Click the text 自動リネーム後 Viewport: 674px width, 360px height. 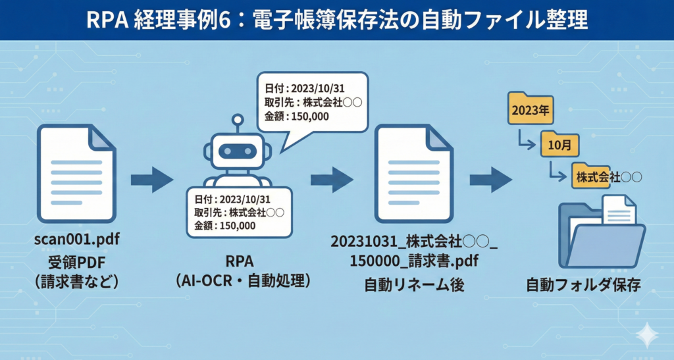click(x=413, y=286)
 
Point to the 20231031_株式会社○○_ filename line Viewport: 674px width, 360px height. click(x=414, y=240)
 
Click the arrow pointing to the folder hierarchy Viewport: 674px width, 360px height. click(x=490, y=180)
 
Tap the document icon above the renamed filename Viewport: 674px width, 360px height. click(x=413, y=174)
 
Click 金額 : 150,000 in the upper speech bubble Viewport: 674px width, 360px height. click(x=297, y=116)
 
